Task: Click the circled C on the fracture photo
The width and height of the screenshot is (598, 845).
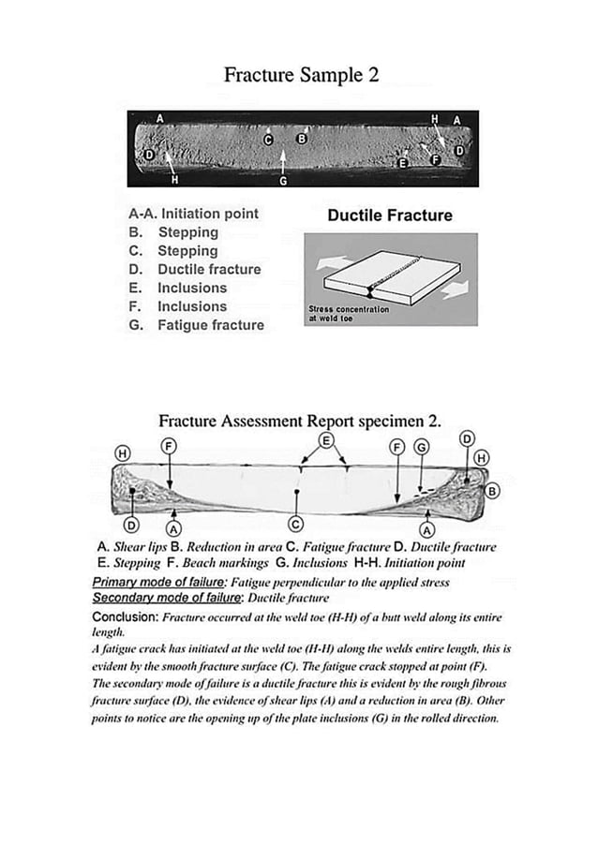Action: click(268, 141)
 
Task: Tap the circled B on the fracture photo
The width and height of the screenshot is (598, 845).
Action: click(302, 139)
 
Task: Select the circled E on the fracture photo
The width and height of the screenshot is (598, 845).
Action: click(404, 163)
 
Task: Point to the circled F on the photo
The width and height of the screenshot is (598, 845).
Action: click(435, 161)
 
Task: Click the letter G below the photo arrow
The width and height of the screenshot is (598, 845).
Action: click(283, 180)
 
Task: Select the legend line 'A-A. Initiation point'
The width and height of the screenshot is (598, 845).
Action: click(193, 214)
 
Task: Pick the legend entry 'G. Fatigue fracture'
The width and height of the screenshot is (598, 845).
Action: click(196, 325)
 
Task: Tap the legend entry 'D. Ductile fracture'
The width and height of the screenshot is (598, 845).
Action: click(195, 270)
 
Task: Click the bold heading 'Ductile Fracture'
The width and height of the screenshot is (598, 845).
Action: click(389, 215)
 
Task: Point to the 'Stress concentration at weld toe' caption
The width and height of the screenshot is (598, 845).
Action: click(349, 313)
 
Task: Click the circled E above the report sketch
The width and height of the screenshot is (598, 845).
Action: click(326, 440)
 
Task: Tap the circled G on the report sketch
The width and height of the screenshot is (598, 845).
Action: click(422, 448)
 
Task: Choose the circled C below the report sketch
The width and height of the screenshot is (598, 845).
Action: click(296, 523)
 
